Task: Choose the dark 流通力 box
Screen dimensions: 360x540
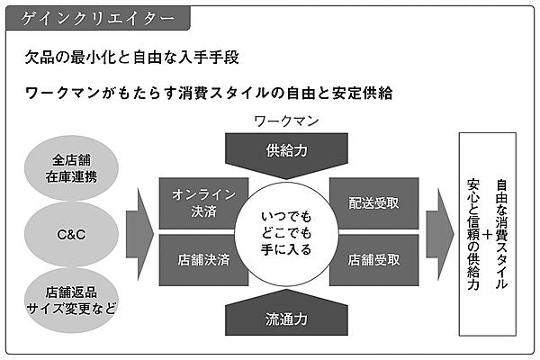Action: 286,317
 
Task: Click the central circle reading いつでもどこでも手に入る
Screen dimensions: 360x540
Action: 285,231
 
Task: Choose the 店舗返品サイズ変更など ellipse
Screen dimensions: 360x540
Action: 75,300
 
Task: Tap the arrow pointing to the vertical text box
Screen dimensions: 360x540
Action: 438,232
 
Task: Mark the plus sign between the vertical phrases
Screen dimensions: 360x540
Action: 488,234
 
